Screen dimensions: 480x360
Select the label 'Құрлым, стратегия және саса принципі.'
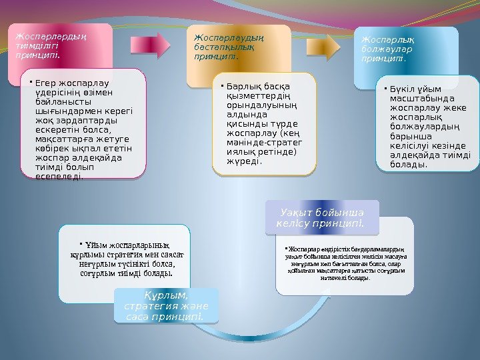pyautogui.click(x=166, y=305)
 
